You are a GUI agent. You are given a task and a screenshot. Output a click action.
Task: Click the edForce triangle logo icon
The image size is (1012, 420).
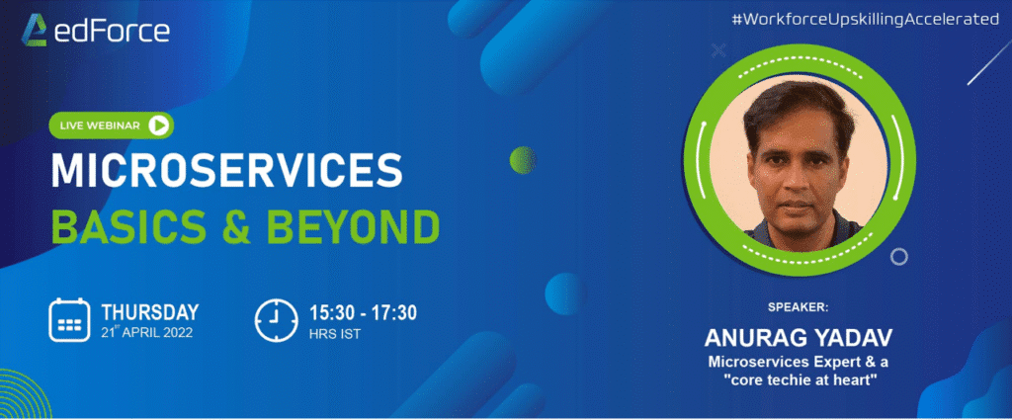pos(35,30)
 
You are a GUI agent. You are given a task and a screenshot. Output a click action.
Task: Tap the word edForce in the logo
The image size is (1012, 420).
pos(112,31)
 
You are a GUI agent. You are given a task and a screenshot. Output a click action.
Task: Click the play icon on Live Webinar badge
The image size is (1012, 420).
pos(158,126)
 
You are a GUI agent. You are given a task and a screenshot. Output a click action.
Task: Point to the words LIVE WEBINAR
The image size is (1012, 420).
pos(100,126)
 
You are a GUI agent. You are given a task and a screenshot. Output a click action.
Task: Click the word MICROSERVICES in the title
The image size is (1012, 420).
pos(226,170)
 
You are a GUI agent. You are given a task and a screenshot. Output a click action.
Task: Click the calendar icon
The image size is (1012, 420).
pos(69,320)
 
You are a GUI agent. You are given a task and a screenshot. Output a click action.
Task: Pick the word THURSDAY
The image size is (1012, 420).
pos(150,313)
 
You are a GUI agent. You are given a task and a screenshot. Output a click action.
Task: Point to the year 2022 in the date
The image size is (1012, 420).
pos(177,334)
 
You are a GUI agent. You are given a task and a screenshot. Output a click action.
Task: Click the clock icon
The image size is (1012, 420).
pos(277,320)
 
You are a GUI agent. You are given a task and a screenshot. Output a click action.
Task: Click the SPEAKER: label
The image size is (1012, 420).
pos(798,307)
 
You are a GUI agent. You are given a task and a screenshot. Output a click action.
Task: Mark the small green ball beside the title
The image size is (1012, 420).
pos(523,159)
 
